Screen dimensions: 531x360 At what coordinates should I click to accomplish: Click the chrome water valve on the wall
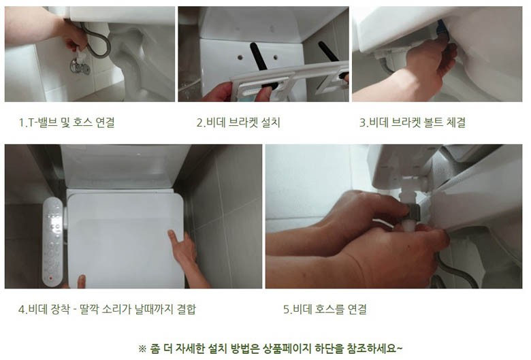[x=80, y=66]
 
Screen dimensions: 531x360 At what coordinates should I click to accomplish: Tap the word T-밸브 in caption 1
[x=41, y=122]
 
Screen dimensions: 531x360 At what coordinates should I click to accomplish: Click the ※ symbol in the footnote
[x=142, y=348]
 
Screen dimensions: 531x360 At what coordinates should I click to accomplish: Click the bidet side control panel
[x=53, y=241]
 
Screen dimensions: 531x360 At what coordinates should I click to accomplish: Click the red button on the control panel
[x=51, y=278]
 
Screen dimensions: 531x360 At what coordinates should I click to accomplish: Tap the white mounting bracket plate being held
[x=288, y=81]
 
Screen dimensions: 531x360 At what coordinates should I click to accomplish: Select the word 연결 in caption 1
[x=105, y=122]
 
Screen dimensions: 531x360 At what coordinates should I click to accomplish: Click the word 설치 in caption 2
[x=271, y=122]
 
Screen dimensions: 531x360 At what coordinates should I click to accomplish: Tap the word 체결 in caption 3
[x=456, y=122]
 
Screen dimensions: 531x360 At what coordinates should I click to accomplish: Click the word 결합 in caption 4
[x=187, y=309]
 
